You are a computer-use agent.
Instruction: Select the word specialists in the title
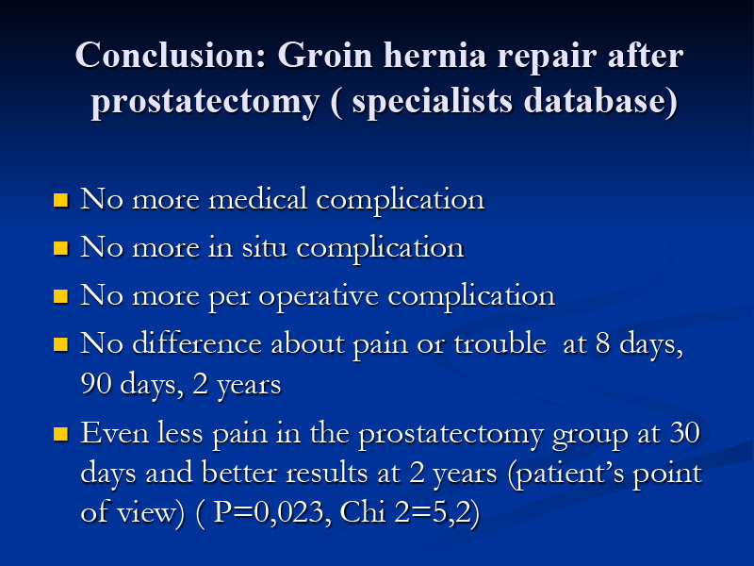click(x=432, y=101)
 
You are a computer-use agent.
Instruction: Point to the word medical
click(x=257, y=198)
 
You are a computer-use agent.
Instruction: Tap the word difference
click(x=197, y=343)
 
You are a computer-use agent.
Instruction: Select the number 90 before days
click(x=96, y=384)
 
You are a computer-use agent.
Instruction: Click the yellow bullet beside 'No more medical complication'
click(x=60, y=200)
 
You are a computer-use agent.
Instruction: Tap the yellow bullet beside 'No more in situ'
click(x=60, y=248)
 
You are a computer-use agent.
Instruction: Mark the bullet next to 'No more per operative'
click(x=60, y=296)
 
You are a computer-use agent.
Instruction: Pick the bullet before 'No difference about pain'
click(x=60, y=344)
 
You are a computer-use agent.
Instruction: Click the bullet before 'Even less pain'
click(x=60, y=434)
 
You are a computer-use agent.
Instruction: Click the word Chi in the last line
click(x=363, y=511)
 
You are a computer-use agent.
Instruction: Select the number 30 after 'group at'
click(x=685, y=432)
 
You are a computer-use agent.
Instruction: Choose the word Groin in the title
click(x=325, y=55)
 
